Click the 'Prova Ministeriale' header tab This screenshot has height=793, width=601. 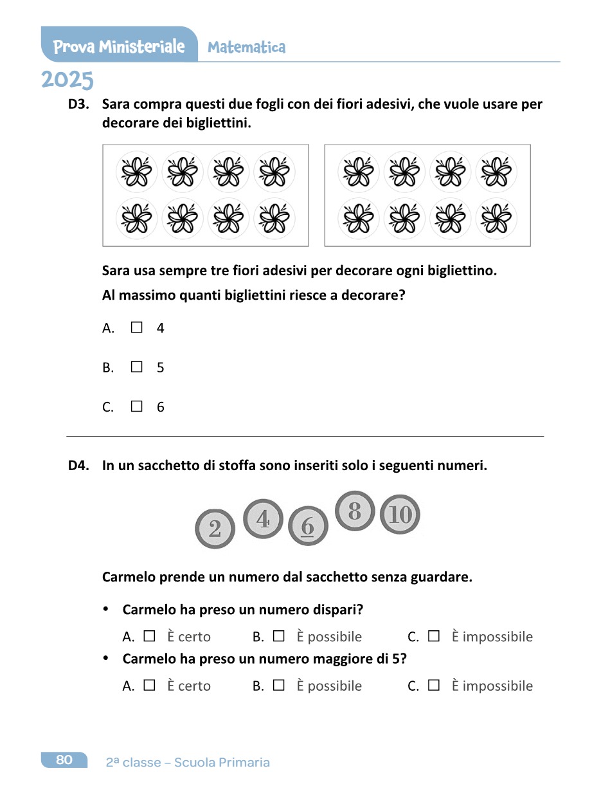click(119, 46)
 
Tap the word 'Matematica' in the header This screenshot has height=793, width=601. click(247, 47)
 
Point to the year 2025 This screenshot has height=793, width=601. click(67, 80)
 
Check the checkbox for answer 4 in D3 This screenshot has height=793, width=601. click(136, 327)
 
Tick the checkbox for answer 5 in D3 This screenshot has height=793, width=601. click(136, 367)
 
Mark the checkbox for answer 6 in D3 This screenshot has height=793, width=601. click(136, 406)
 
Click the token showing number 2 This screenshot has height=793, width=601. click(215, 529)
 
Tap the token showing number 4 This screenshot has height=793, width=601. click(263, 518)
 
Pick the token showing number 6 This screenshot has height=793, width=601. click(308, 526)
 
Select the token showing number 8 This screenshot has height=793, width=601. click(355, 511)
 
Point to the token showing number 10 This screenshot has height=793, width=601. click(400, 515)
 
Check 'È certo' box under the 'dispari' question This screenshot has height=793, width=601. click(149, 636)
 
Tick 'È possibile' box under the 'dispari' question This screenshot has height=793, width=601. click(278, 636)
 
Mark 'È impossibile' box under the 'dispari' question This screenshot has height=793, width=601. click(434, 636)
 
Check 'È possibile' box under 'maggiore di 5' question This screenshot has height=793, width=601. click(278, 685)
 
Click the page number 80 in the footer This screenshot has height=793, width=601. click(64, 760)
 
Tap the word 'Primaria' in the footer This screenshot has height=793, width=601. click(244, 763)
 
